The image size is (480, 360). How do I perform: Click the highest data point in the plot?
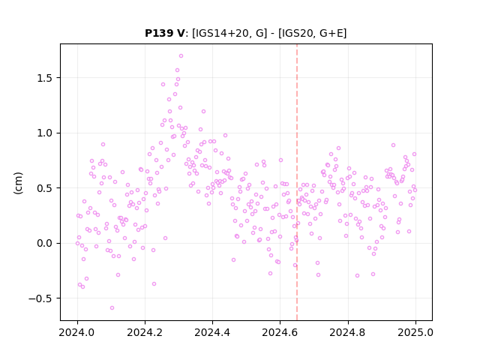[x=181, y=56]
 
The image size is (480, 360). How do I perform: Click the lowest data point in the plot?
[x=112, y=308]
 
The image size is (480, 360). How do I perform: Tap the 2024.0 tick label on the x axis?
[x=77, y=332]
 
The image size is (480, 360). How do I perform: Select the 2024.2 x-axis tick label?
[x=145, y=332]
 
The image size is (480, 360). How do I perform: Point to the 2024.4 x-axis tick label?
[x=212, y=332]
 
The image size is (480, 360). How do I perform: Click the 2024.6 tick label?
[x=280, y=332]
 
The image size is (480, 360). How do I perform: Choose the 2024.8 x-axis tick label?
[x=348, y=332]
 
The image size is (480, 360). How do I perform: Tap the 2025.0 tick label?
[x=415, y=332]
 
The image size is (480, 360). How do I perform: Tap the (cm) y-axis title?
[x=18, y=183]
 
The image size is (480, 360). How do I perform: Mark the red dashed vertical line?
[x=297, y=182]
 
